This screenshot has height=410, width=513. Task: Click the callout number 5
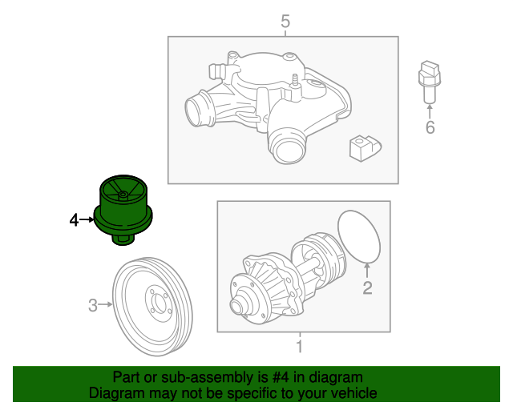tap(285, 22)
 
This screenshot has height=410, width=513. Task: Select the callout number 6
tap(430, 127)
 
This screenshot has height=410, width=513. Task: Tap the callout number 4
tap(74, 219)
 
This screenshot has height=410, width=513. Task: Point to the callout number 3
tap(92, 304)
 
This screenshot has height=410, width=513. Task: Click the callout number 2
tap(367, 288)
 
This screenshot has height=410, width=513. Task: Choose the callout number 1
tap(300, 347)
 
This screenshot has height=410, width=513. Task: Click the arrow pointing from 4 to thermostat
tap(87, 219)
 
